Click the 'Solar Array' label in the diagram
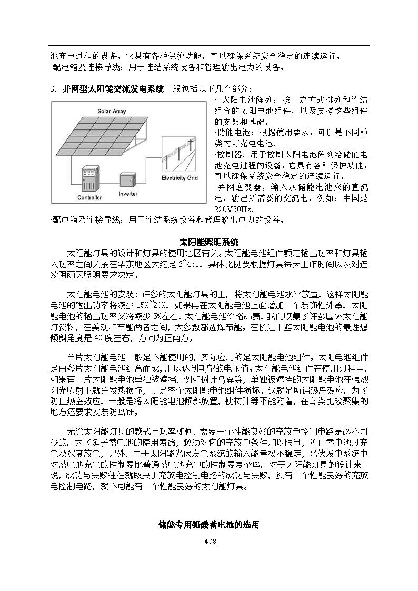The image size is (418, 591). tap(111, 111)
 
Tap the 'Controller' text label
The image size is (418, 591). tap(89, 198)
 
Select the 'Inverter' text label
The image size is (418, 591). tap(128, 194)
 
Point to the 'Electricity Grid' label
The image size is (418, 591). tap(180, 178)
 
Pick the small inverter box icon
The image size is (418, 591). tap(127, 180)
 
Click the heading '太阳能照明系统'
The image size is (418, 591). tap(209, 243)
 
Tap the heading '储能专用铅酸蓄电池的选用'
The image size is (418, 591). tap(209, 525)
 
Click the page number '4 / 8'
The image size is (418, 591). tap(209, 542)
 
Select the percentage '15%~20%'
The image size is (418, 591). tap(151, 305)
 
